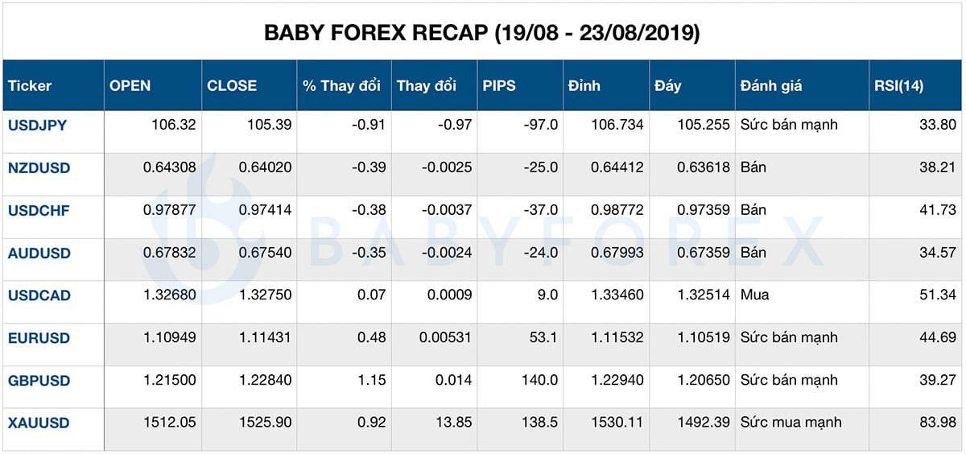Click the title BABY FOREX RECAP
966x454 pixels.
click(482, 33)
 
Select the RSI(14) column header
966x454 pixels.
click(898, 86)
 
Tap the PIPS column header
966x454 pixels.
click(500, 86)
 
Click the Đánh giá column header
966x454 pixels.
click(770, 86)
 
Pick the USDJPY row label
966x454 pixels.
click(38, 126)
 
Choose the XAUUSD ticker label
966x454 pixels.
click(39, 423)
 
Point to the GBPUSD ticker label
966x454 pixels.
click(39, 381)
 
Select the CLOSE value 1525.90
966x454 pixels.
click(266, 423)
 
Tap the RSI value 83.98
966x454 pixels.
click(936, 423)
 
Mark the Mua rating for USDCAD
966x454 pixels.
click(754, 295)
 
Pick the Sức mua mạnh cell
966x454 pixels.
click(791, 423)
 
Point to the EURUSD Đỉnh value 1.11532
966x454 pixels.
click(617, 338)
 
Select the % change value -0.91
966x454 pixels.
click(371, 126)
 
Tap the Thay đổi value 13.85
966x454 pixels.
click(455, 423)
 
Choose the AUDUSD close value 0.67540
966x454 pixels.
click(265, 253)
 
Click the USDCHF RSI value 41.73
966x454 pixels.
click(936, 210)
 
